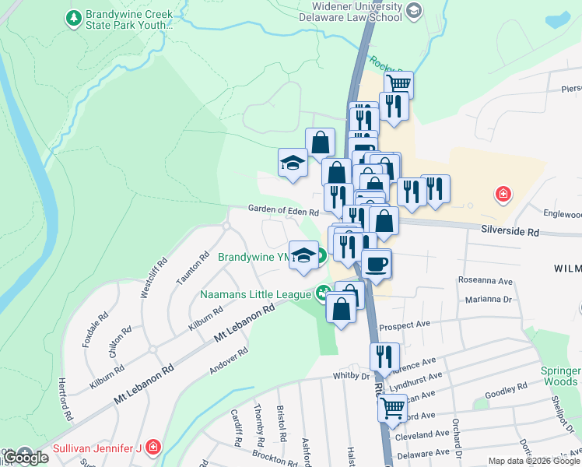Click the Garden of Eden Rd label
pos(283,211)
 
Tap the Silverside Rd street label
pos(510,232)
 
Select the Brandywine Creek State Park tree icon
pos(73,16)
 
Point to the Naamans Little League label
pos(256,294)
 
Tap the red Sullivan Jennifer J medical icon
pos(154,447)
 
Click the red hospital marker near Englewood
pos(503,194)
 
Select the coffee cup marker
pos(376,263)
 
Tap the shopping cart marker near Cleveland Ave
pos(392,406)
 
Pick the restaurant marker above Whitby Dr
pos(384,356)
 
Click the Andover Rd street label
pos(233,362)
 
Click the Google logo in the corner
pos(26,458)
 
